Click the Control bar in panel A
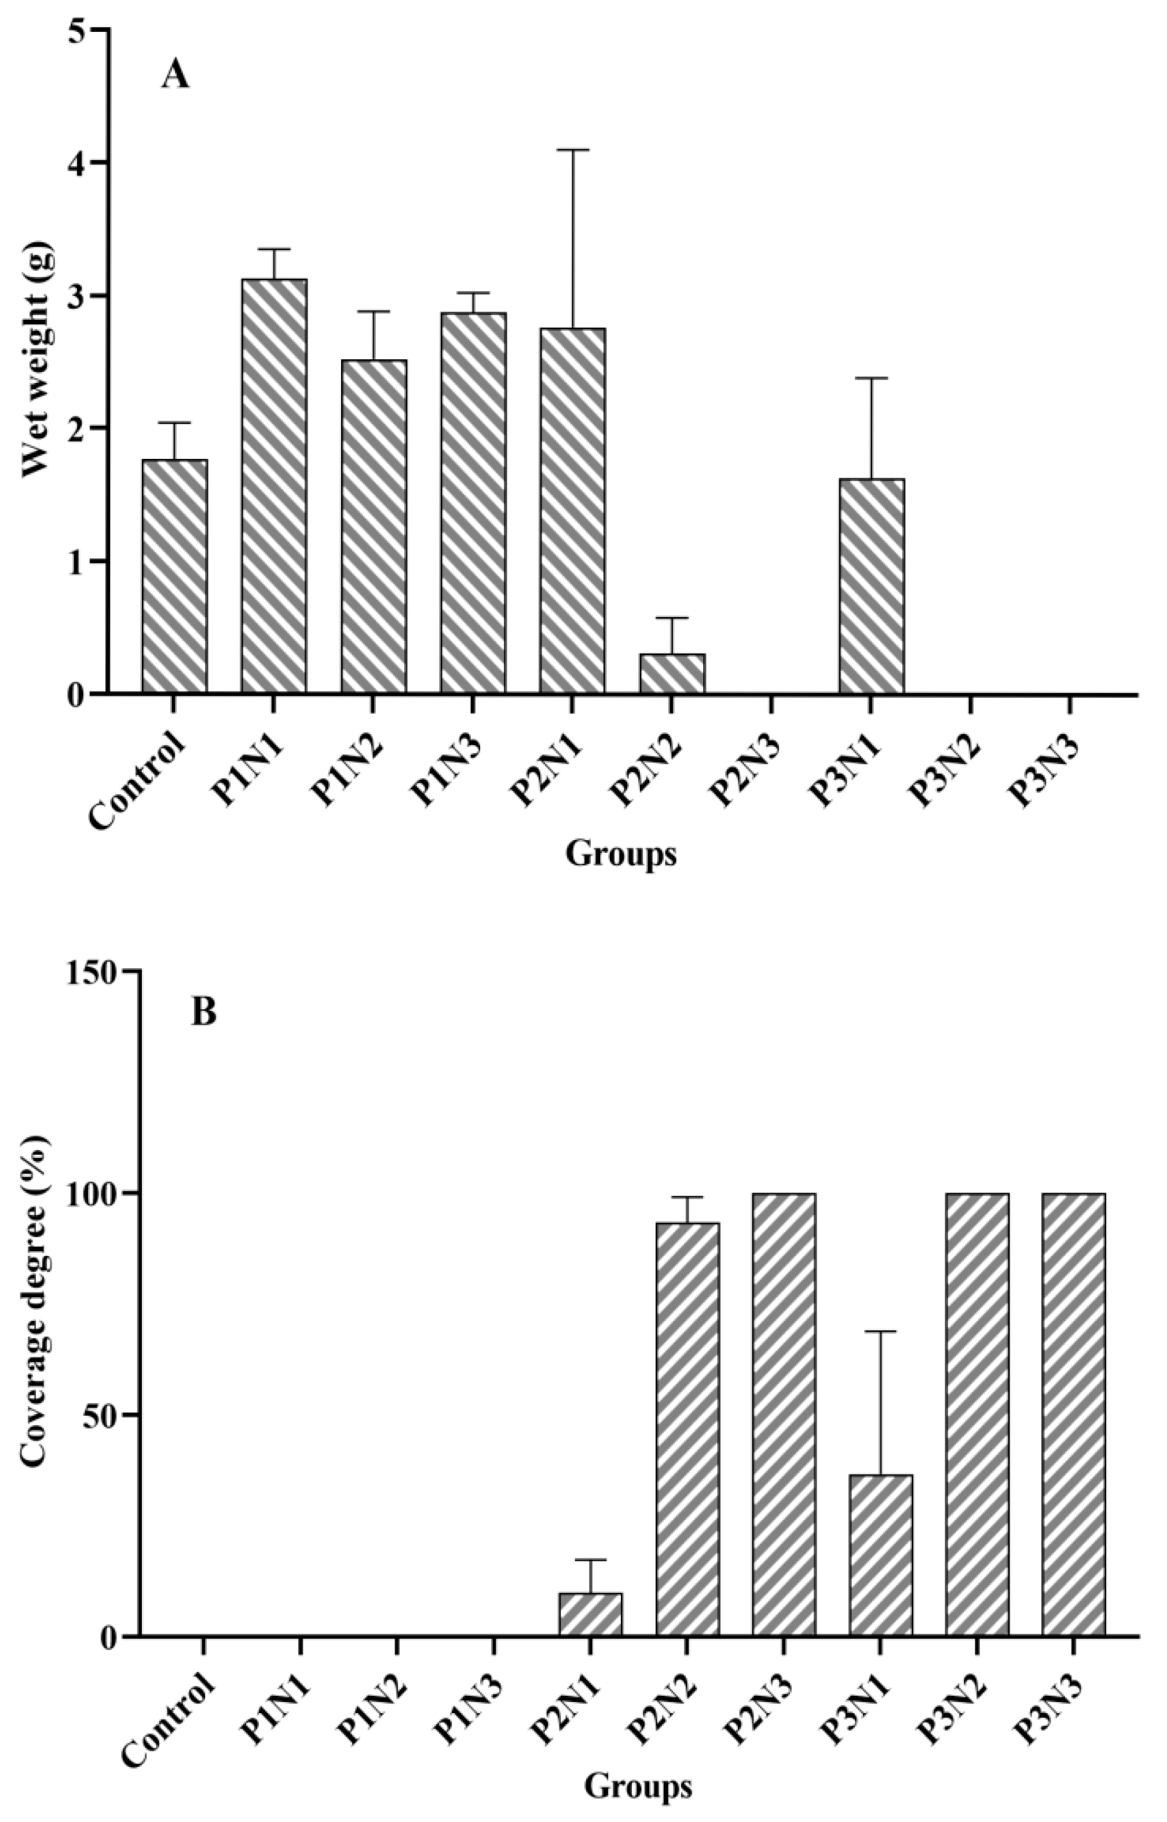(174, 576)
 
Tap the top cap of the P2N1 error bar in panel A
(572, 150)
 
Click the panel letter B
(203, 1012)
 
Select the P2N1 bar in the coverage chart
(590, 1613)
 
